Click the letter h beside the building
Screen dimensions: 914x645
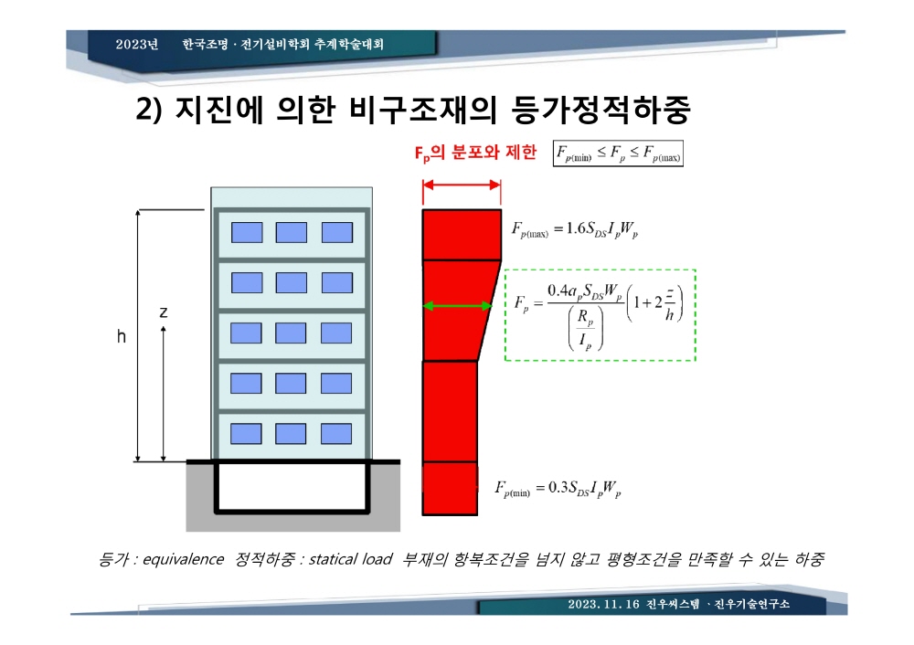coord(122,336)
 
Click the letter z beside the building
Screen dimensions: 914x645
coord(164,312)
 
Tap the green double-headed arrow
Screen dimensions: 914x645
coord(458,306)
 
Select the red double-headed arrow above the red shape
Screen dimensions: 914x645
coord(462,185)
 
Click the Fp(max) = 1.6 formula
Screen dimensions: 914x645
coord(575,229)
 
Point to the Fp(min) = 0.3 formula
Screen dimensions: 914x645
coord(558,488)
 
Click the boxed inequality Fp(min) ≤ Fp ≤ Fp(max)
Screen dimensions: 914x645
coord(618,153)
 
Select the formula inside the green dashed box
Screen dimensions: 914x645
coord(598,315)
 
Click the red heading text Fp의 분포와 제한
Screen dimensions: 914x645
coord(475,153)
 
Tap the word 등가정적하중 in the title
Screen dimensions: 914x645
coord(601,110)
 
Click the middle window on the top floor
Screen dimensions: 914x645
coord(292,232)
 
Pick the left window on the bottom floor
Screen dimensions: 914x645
coord(246,434)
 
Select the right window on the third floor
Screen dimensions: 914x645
coord(336,333)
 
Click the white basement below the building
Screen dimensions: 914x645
coord(292,487)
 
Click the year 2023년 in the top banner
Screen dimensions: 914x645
coord(137,44)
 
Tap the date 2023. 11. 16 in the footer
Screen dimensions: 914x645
coord(604,604)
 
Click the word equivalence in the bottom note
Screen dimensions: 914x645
coord(183,559)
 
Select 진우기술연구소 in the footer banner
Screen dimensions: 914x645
coord(752,604)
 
